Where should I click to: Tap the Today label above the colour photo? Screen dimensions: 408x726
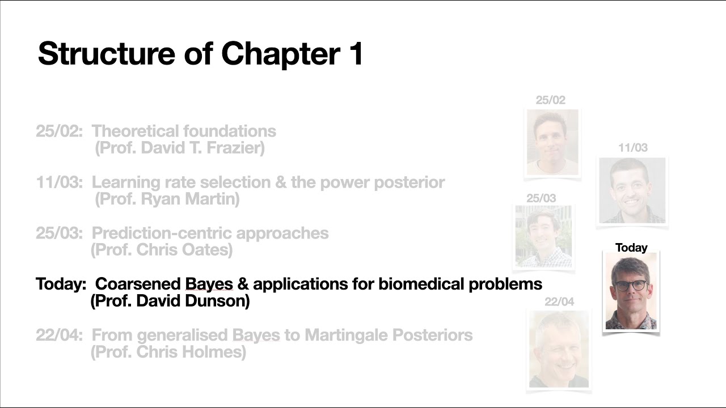(631, 248)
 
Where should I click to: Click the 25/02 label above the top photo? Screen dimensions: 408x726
(550, 100)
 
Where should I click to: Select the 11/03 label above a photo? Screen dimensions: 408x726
(632, 148)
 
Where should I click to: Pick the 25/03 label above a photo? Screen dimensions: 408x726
(541, 198)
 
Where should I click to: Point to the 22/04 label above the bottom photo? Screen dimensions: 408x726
(559, 302)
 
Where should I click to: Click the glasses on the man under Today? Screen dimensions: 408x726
(630, 286)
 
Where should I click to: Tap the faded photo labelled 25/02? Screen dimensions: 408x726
(552, 142)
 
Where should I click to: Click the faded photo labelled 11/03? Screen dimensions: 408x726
(632, 190)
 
